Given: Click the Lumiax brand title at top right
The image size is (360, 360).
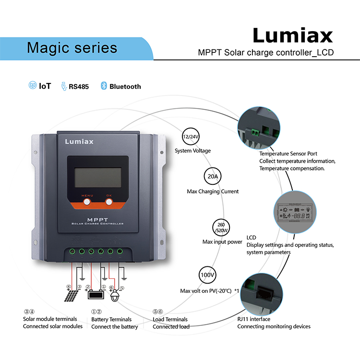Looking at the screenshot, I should pos(292,36).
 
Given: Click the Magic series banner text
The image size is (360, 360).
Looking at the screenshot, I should pos(72,48).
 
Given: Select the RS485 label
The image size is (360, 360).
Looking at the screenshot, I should pos(78,87).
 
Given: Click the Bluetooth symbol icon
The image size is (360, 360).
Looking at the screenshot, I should pos(103,86).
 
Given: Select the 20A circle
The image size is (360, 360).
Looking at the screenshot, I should pos(213,177).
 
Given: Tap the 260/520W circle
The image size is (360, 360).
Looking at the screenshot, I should pos(222,227).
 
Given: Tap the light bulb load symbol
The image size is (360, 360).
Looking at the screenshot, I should pos(114,296).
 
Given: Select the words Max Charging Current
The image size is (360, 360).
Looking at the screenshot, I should pos(213,192).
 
